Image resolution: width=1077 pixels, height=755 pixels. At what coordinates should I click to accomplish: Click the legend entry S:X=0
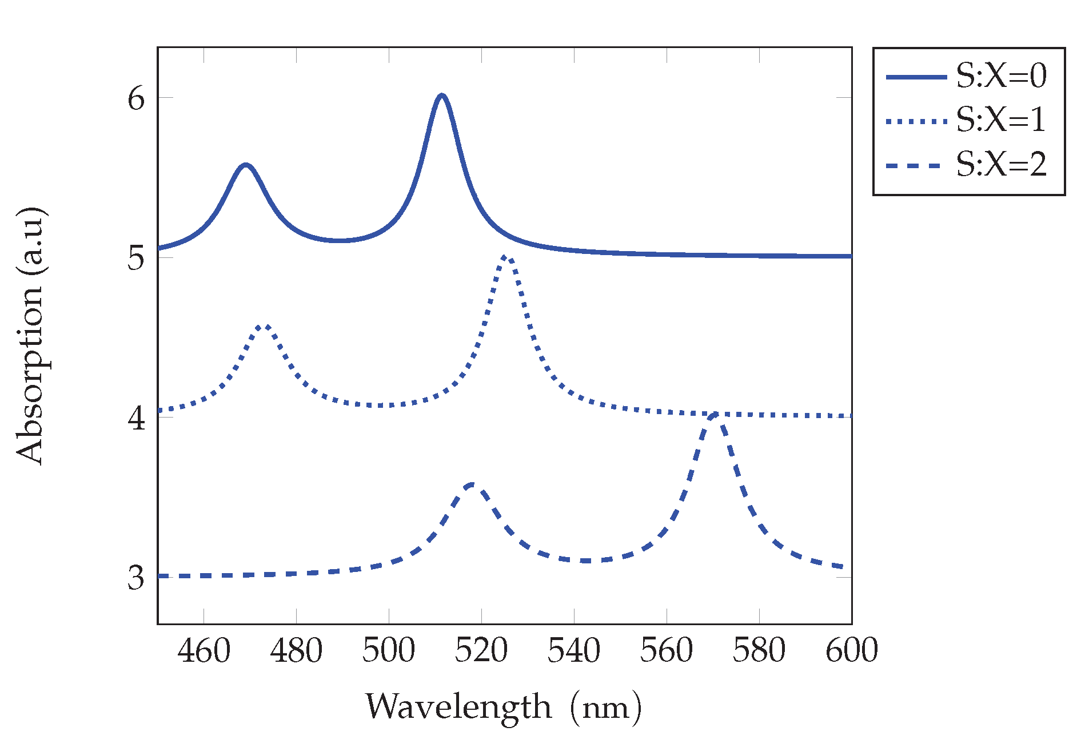coord(1000,75)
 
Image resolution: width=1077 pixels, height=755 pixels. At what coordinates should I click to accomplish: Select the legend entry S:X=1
coord(1000,120)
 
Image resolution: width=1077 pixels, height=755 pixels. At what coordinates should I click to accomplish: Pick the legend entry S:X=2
coord(1000,165)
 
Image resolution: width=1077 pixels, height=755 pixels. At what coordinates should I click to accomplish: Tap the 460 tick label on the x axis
coord(204,651)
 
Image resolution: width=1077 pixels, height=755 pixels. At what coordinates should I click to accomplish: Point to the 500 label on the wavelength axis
coord(389,651)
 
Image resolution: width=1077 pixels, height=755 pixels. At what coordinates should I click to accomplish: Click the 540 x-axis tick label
coord(574,651)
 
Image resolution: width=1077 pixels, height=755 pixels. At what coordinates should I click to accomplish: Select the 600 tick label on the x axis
coord(851,651)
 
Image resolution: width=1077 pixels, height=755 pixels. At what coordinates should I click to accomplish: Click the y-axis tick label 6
coord(136,98)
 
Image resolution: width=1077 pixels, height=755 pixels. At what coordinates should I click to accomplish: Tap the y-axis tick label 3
coord(136,578)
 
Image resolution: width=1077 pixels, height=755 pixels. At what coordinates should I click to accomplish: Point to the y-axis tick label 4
coord(136,418)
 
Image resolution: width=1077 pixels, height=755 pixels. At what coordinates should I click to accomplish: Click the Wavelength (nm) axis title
coord(503,707)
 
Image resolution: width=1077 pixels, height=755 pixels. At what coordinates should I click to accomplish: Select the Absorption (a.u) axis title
coord(30,336)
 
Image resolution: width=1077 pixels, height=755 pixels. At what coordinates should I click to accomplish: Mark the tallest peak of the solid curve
coord(441,96)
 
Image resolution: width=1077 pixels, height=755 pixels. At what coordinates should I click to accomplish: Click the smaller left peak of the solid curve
coord(246,165)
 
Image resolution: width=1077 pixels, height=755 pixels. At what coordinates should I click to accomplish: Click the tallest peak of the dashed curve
coord(715,415)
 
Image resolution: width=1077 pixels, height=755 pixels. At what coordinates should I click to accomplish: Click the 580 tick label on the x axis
coord(759,651)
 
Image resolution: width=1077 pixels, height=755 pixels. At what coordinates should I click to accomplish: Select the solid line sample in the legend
coord(916,76)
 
